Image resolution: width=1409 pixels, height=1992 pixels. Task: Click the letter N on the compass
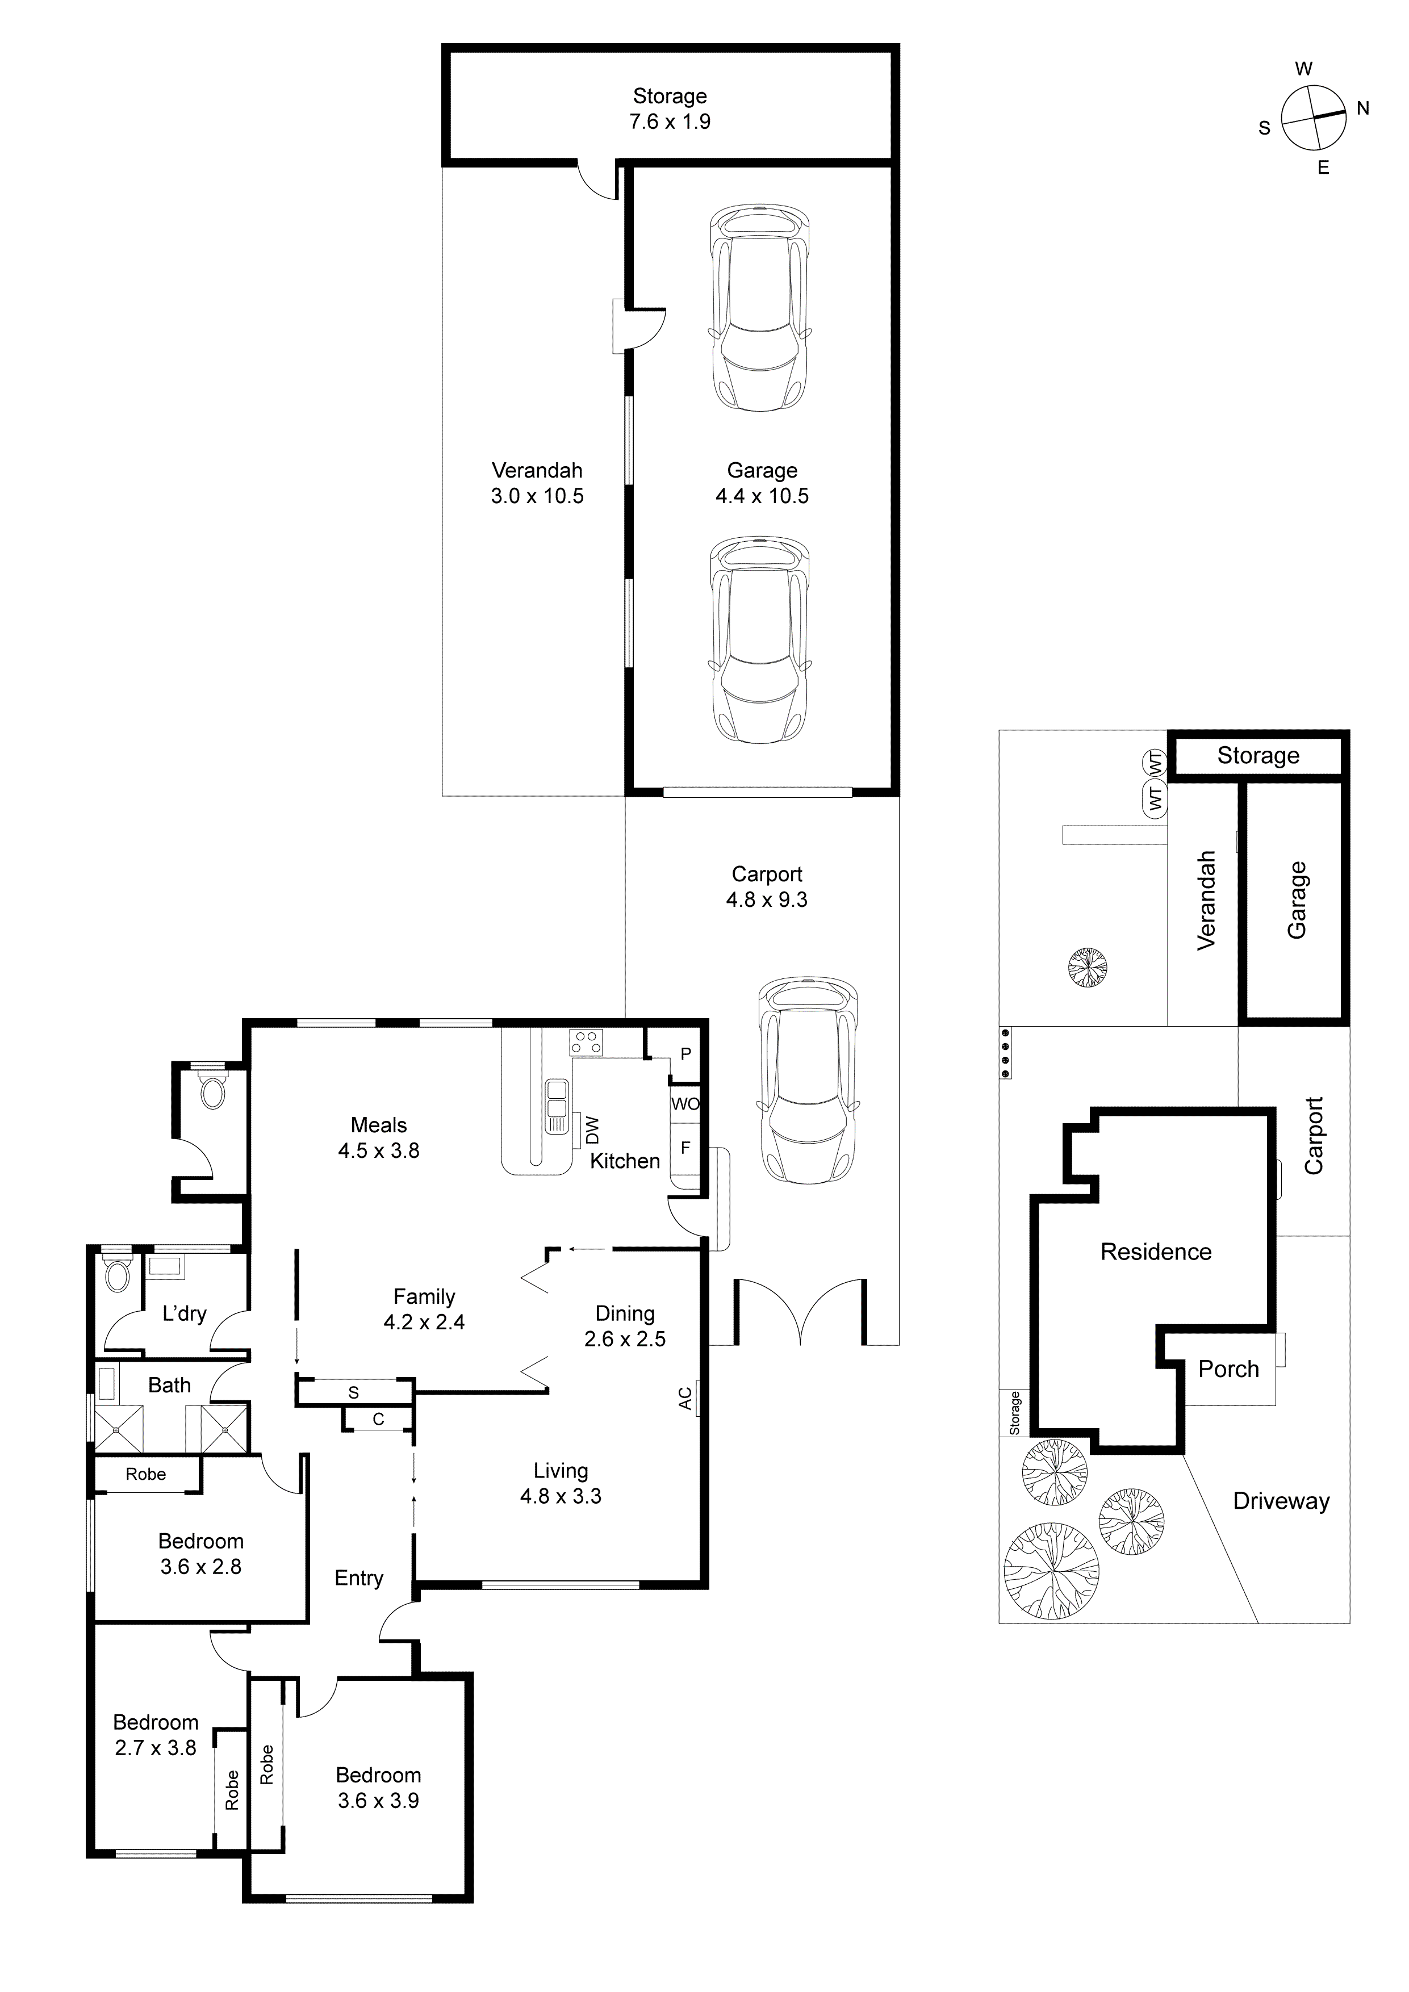(x=1363, y=108)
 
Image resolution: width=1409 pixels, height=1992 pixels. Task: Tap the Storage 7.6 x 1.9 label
(x=669, y=108)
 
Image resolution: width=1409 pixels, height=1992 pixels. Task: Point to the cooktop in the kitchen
(x=586, y=1042)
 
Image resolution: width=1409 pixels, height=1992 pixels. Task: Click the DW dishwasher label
(x=592, y=1129)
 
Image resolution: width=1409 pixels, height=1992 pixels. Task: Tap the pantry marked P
(x=685, y=1054)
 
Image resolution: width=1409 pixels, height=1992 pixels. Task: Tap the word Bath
(x=169, y=1386)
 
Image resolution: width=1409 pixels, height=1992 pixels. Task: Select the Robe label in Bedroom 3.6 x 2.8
(x=146, y=1474)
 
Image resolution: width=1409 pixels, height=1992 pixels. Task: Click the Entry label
(x=358, y=1578)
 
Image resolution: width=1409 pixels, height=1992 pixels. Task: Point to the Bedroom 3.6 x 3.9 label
(x=378, y=1787)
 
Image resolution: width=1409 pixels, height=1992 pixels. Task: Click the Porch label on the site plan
(x=1228, y=1369)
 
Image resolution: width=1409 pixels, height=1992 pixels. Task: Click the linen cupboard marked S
(x=353, y=1392)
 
